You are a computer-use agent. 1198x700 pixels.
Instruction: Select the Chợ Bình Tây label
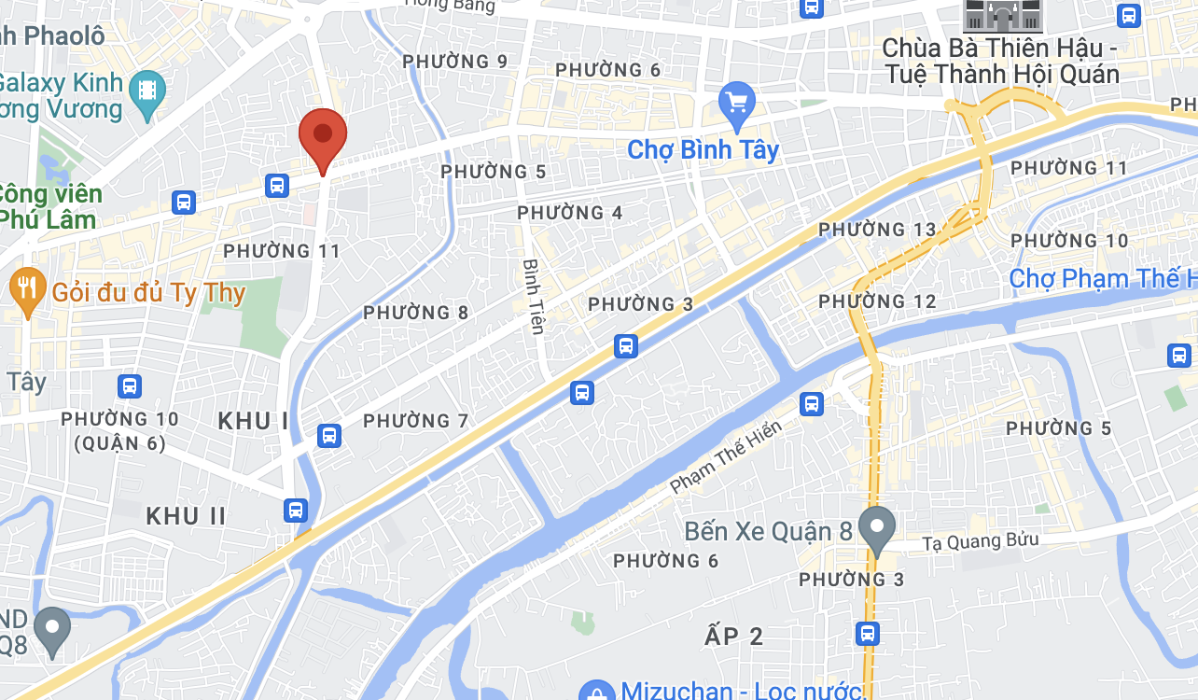pyautogui.click(x=703, y=149)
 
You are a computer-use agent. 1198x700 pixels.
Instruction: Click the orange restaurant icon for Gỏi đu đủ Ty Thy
pyautogui.click(x=26, y=290)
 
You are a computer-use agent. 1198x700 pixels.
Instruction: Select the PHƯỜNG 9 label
pyautogui.click(x=455, y=62)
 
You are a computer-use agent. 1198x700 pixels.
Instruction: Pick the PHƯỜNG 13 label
pyautogui.click(x=876, y=230)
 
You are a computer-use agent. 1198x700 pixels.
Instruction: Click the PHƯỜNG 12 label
pyautogui.click(x=876, y=301)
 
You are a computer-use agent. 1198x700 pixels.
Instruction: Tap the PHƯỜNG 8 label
pyautogui.click(x=416, y=313)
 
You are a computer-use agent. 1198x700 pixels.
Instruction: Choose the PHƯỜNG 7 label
pyautogui.click(x=416, y=421)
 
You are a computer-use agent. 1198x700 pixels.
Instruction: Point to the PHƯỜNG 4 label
pyautogui.click(x=570, y=213)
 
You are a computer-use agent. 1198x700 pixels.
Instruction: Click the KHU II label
pyautogui.click(x=186, y=515)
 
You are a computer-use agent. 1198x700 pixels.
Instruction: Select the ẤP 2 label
pyautogui.click(x=734, y=637)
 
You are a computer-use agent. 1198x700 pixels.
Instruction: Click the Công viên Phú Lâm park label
pyautogui.click(x=51, y=207)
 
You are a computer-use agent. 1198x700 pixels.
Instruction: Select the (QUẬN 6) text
pyautogui.click(x=118, y=444)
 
